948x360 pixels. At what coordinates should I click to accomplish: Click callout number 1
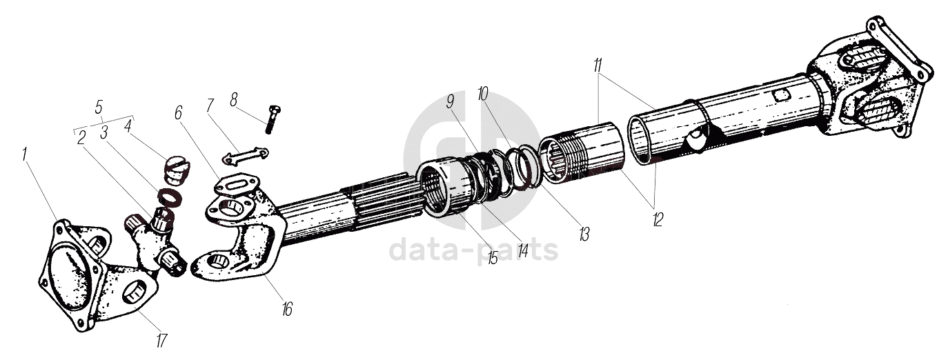click(25, 153)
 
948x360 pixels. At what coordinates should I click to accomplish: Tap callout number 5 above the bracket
click(99, 107)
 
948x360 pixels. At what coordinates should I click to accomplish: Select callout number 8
click(234, 99)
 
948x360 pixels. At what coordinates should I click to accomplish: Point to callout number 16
click(287, 309)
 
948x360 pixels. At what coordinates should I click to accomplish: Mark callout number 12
click(657, 220)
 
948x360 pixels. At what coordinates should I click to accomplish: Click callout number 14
click(522, 250)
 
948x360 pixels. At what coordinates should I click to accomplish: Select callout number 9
click(451, 102)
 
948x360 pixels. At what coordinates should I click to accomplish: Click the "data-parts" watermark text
click(473, 250)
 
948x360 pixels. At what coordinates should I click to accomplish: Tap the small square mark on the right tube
click(780, 96)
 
